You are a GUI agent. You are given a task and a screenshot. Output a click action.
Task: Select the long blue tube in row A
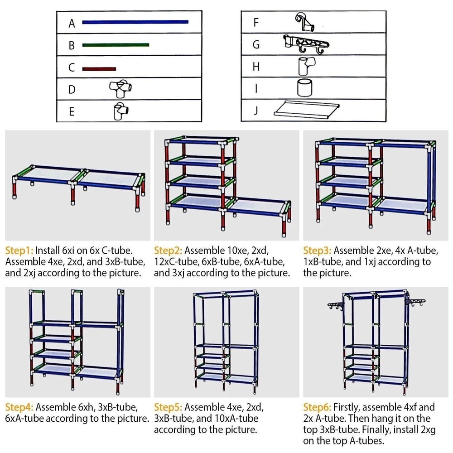(135, 21)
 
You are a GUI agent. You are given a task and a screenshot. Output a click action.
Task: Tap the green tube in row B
(116, 45)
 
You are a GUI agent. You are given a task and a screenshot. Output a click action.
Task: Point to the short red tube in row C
(99, 69)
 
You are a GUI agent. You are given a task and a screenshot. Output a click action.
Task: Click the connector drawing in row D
(120, 89)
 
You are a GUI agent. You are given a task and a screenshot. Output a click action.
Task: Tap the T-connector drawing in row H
(304, 66)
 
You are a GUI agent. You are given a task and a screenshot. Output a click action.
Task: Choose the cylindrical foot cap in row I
(304, 87)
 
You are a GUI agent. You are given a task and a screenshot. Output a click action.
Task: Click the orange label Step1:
(19, 251)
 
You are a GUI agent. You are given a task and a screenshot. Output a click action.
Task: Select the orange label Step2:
(168, 251)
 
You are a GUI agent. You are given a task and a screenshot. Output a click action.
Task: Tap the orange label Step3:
(317, 251)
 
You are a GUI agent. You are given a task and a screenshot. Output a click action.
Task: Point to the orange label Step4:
(19, 407)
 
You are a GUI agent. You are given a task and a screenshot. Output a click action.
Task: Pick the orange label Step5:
(168, 407)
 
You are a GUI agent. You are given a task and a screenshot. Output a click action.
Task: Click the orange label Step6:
(317, 407)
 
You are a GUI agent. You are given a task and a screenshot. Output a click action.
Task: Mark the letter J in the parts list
(256, 111)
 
